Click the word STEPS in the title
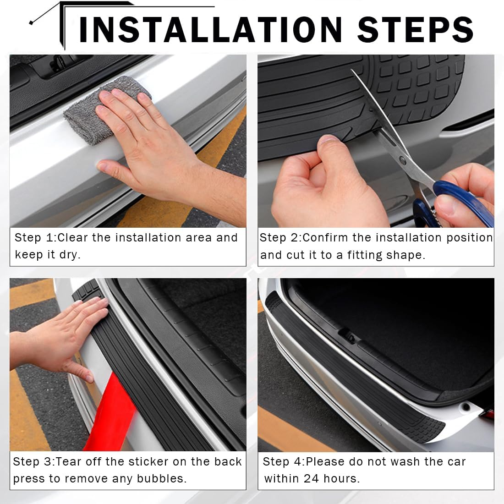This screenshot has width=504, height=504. click(415, 29)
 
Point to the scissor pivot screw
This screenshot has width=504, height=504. click(403, 161)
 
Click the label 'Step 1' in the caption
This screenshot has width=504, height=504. click(34, 238)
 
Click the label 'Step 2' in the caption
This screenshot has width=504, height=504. click(279, 238)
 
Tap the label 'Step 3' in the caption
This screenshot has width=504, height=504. click(33, 461)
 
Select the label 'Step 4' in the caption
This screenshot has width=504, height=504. click(283, 461)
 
